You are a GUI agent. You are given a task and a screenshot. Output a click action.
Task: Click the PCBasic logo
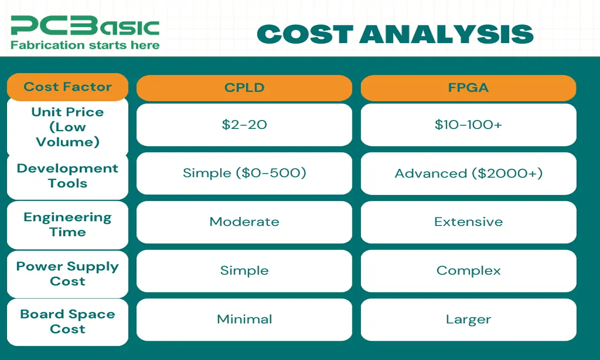pyautogui.click(x=85, y=26)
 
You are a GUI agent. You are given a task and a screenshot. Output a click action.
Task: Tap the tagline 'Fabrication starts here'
pyautogui.click(x=85, y=45)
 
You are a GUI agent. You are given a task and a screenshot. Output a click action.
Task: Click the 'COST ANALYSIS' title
pyautogui.click(x=395, y=34)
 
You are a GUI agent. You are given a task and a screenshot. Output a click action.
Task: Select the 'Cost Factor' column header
pyautogui.click(x=67, y=87)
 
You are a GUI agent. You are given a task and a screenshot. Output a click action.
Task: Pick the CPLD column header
pyautogui.click(x=244, y=88)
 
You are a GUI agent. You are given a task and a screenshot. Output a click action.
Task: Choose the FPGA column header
pyautogui.click(x=468, y=88)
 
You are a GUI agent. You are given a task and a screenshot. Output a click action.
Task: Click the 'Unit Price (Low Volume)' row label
pyautogui.click(x=67, y=127)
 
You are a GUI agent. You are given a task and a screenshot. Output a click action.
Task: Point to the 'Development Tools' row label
pyautogui.click(x=67, y=176)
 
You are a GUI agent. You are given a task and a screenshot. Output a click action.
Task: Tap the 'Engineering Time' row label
pyautogui.click(x=67, y=225)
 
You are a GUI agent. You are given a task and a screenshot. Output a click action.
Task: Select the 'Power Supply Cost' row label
pyautogui.click(x=67, y=273)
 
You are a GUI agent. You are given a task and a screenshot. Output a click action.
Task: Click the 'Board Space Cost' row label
pyautogui.click(x=67, y=322)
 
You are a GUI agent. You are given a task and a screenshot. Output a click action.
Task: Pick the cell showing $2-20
pyautogui.click(x=244, y=125)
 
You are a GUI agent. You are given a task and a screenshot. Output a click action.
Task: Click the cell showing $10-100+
pyautogui.click(x=468, y=125)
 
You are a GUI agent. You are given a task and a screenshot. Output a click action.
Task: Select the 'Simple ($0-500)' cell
pyautogui.click(x=244, y=173)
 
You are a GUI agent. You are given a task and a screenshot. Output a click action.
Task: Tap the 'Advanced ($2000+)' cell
pyautogui.click(x=468, y=173)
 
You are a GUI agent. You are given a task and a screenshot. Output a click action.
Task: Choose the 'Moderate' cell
pyautogui.click(x=244, y=222)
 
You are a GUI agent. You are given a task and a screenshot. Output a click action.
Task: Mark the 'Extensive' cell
pyautogui.click(x=468, y=222)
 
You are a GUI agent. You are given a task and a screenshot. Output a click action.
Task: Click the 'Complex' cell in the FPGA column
pyautogui.click(x=468, y=271)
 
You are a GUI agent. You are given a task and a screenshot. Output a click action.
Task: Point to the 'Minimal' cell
pyautogui.click(x=244, y=320)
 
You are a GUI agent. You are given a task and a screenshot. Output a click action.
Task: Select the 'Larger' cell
pyautogui.click(x=468, y=320)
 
